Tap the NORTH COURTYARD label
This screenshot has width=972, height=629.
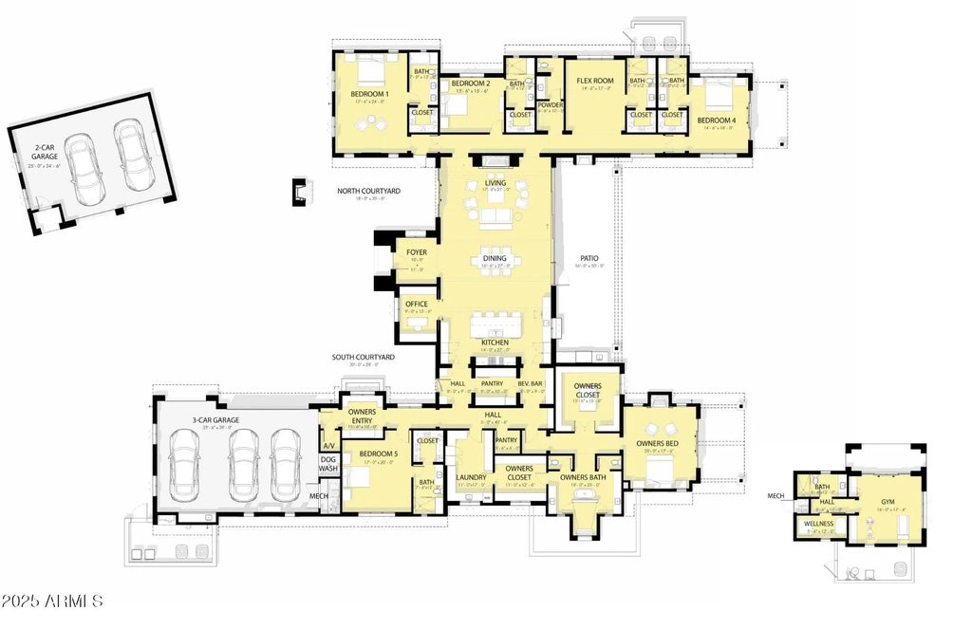[x=368, y=191]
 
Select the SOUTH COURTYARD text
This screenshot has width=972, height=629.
[x=362, y=358]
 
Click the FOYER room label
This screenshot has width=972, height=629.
[x=416, y=252]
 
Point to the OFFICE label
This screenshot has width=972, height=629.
[x=417, y=304]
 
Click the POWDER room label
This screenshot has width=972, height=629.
[x=551, y=104]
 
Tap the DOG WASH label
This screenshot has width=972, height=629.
[x=328, y=463]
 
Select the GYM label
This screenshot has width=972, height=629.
[x=888, y=501]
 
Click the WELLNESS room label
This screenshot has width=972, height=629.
[x=818, y=524]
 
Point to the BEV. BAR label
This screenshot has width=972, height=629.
[x=529, y=383]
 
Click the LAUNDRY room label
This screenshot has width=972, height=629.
[x=472, y=477]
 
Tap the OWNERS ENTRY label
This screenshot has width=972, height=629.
[x=362, y=416]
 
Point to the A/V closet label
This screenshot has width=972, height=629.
[x=328, y=445]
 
